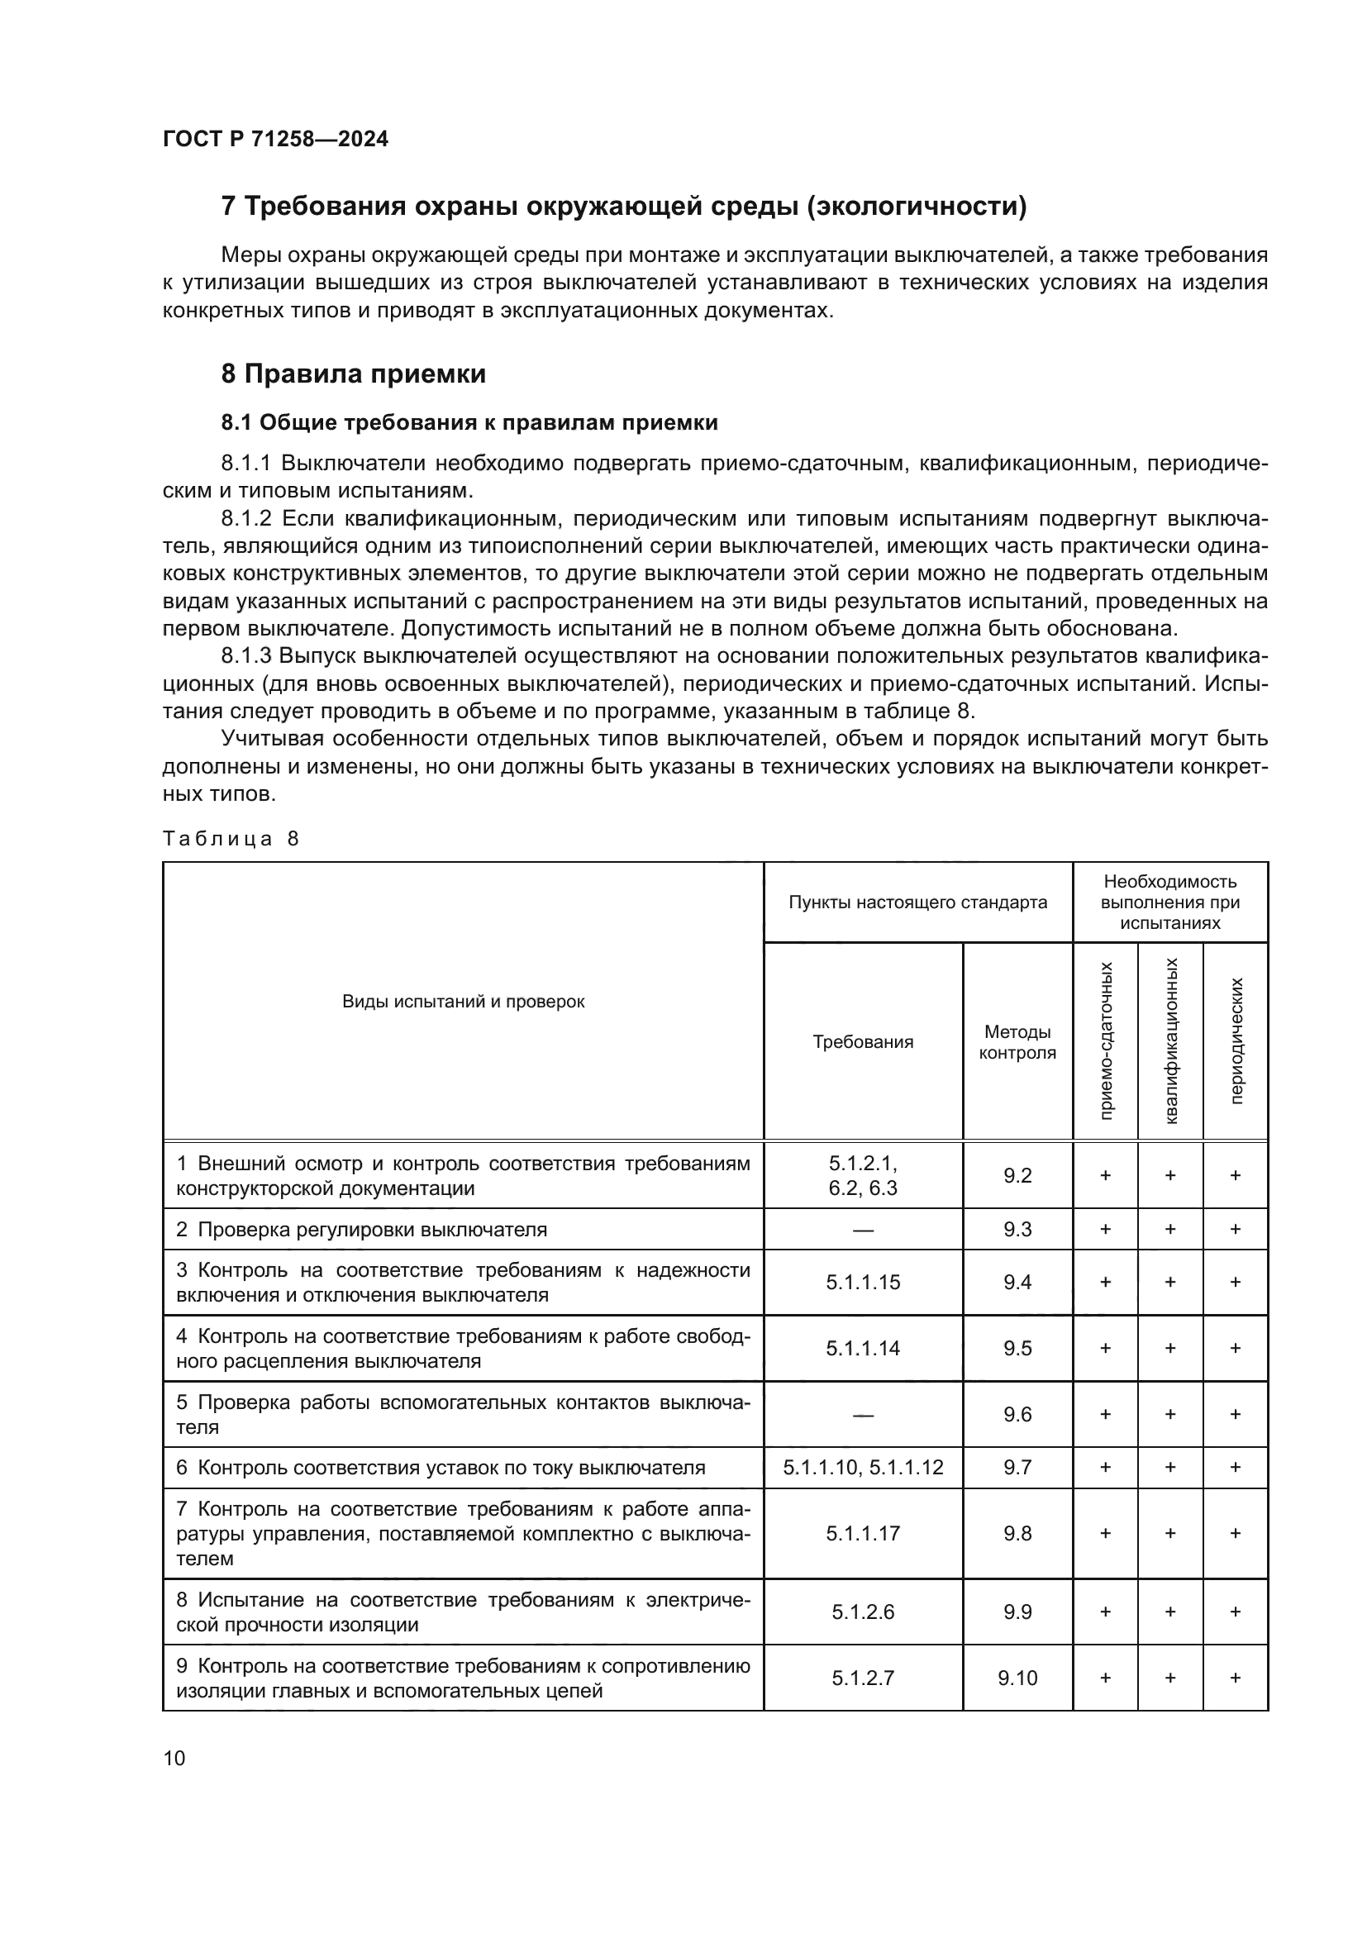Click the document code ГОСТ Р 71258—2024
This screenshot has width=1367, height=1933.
pyautogui.click(x=275, y=139)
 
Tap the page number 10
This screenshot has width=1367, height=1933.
pyautogui.click(x=174, y=1758)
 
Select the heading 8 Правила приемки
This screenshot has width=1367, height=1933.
pyautogui.click(x=354, y=374)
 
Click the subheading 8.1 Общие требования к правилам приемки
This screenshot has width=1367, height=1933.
pyautogui.click(x=469, y=422)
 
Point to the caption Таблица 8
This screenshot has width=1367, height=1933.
pyautogui.click(x=231, y=839)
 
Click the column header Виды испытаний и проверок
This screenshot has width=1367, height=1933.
pyautogui.click(x=463, y=1002)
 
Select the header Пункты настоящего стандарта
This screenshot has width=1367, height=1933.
pyautogui.click(x=917, y=902)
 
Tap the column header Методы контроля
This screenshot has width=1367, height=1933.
pyautogui.click(x=1017, y=1042)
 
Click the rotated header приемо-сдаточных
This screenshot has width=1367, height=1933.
pyautogui.click(x=1105, y=1041)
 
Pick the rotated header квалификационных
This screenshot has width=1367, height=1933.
pyautogui.click(x=1170, y=1041)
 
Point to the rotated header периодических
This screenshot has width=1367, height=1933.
pyautogui.click(x=1235, y=1041)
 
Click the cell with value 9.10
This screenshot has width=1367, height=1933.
pyautogui.click(x=1017, y=1678)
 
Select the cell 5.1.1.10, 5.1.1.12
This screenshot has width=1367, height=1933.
pyautogui.click(x=863, y=1468)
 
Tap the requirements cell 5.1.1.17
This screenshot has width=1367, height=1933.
pyautogui.click(x=863, y=1533)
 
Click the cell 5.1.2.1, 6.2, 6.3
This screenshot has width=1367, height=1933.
pyautogui.click(x=863, y=1175)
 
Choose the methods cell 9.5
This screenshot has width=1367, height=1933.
pyautogui.click(x=1017, y=1348)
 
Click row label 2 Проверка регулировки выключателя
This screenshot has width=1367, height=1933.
pyautogui.click(x=362, y=1229)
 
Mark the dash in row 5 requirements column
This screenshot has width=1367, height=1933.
pyautogui.click(x=863, y=1414)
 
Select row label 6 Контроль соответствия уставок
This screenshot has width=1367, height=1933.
pyautogui.click(x=441, y=1468)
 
